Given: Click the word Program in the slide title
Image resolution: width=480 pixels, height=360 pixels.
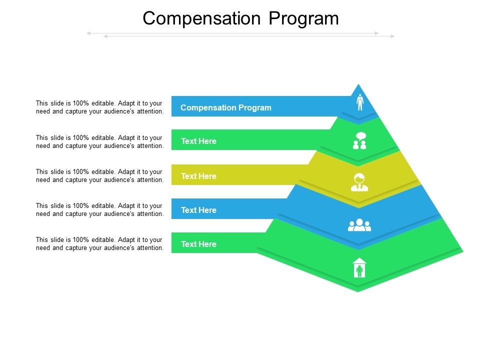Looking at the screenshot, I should [304, 18].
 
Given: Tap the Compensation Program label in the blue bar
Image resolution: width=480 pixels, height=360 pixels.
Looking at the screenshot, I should [226, 107].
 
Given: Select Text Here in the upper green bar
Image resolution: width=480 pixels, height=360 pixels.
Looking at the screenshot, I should [198, 141].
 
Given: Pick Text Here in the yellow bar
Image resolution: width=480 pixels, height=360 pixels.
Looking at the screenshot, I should [198, 176].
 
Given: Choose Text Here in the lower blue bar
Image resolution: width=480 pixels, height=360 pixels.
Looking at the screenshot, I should [198, 210].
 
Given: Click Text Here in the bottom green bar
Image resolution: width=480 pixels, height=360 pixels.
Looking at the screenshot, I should [198, 244].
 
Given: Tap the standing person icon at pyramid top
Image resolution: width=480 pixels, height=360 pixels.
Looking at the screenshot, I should [359, 102].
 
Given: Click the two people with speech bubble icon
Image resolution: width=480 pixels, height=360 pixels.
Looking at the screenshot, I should [359, 141].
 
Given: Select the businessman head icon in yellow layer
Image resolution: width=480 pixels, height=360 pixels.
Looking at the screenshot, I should [359, 182].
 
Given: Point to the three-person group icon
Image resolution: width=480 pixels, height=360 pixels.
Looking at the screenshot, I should [359, 225].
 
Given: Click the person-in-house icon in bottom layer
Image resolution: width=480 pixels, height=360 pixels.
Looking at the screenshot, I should [359, 268].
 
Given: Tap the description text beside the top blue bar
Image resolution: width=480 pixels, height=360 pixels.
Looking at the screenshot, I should [99, 107].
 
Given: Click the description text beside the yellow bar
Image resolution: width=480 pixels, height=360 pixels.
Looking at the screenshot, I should [99, 175].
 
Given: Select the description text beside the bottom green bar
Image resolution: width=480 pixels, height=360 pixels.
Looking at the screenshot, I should [99, 243].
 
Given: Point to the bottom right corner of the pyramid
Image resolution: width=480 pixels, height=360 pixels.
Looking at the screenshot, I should [462, 251].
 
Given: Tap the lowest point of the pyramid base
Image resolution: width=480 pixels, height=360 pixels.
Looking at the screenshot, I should [358, 291].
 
